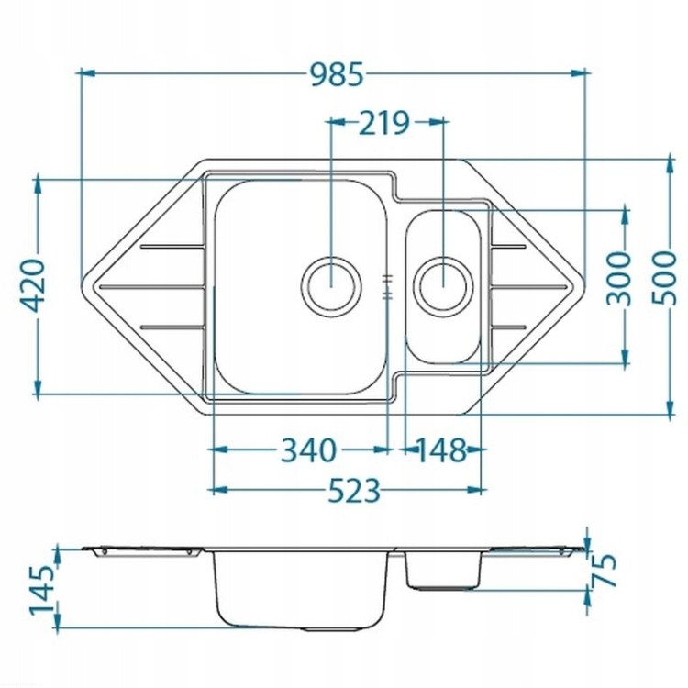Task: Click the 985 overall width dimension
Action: [x=337, y=74]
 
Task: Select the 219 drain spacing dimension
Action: [x=384, y=123]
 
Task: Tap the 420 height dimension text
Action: [x=33, y=285]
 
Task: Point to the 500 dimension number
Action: [x=663, y=277]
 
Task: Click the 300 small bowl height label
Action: [x=618, y=278]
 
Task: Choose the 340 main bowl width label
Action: [x=308, y=450]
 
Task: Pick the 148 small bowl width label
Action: [x=440, y=450]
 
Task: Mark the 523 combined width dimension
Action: [x=354, y=491]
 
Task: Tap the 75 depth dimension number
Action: [x=605, y=570]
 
